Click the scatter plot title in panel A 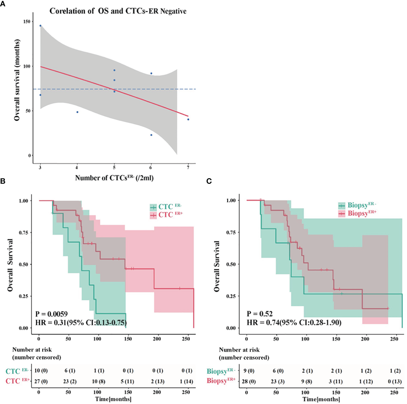coord(118,11)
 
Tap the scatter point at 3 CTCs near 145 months coord(40,26)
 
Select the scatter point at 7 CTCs coord(188,119)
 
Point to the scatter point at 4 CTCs coord(77,112)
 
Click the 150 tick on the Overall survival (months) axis coord(27,21)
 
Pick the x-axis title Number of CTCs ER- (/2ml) coord(114,178)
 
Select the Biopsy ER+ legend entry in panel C coord(358,213)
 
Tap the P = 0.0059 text coord(52,314)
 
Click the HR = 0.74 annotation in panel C coord(294,323)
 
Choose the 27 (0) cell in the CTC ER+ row coord(41,381)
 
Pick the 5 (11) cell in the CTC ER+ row coord(127,381)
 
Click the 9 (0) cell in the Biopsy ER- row coord(248,371)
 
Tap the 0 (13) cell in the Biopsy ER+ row coord(395,381)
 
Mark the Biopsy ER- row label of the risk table coord(221,371)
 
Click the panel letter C coord(209,181)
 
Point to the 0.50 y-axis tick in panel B coord(24,264)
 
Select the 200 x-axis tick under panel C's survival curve coord(365,339)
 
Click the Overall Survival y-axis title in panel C coord(217,266)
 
